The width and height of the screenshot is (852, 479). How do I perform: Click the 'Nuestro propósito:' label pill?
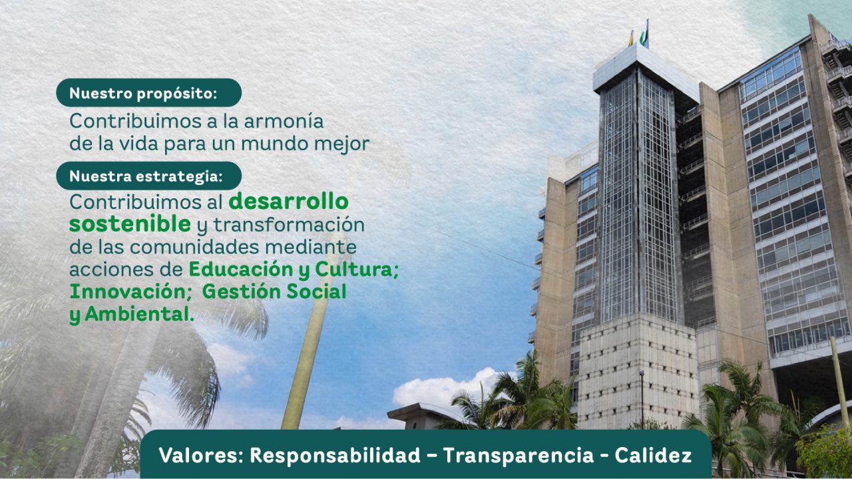[148, 93]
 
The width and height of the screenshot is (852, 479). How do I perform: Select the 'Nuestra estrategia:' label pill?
[148, 176]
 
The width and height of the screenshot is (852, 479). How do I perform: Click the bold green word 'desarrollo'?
[288, 201]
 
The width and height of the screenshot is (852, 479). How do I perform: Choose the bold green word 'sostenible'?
[129, 224]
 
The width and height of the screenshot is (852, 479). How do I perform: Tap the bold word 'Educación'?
[240, 269]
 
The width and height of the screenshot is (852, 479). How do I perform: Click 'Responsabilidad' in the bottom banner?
[335, 456]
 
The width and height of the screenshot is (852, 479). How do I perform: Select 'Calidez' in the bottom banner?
[653, 456]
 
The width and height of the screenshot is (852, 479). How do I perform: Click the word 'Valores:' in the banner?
[201, 456]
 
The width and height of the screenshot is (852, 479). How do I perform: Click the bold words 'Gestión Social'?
[274, 291]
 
